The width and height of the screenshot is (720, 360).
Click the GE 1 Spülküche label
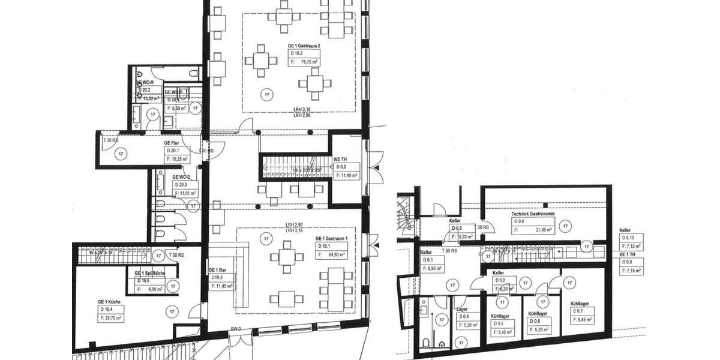[150, 273]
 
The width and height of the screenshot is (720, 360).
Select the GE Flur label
[172, 143]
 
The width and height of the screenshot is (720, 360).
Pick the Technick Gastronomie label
[533, 214]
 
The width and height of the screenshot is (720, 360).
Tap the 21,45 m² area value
[545, 229]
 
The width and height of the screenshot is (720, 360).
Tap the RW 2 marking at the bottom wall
[236, 329]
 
